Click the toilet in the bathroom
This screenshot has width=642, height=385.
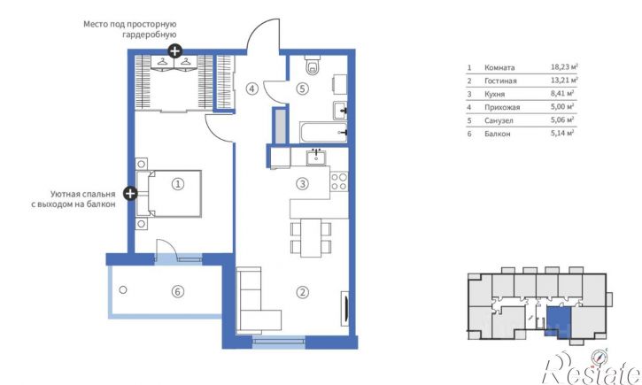click(x=313, y=65)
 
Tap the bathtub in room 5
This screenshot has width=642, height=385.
click(x=323, y=132)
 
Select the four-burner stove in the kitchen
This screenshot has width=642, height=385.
click(x=339, y=181)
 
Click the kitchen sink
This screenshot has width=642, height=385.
click(x=316, y=158)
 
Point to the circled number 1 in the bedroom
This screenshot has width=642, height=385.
click(x=178, y=184)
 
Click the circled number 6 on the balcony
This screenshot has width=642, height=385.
click(x=177, y=292)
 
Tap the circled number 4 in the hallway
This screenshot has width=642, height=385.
click(x=252, y=89)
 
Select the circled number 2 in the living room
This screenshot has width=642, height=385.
click(x=303, y=292)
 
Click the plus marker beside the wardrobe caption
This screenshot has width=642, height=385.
click(x=174, y=51)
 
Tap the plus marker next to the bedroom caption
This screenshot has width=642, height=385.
click(x=130, y=193)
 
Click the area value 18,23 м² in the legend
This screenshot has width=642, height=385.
click(x=564, y=67)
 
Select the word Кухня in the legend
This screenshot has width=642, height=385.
click(x=495, y=94)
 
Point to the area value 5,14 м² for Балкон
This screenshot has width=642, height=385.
click(x=562, y=133)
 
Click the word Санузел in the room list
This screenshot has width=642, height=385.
click(x=499, y=120)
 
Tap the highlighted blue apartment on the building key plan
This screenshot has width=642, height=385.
click(x=559, y=321)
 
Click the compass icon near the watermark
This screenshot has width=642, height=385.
click(x=599, y=358)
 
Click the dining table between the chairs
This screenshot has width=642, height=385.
click(x=311, y=238)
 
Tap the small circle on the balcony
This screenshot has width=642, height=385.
click(x=123, y=289)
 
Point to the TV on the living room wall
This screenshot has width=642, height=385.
click(x=345, y=309)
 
